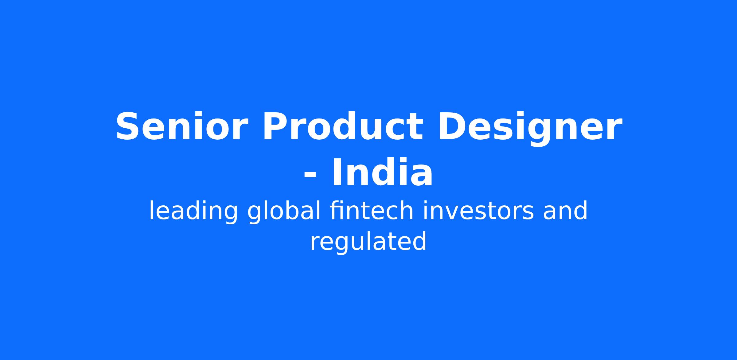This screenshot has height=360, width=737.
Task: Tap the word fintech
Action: coord(372,210)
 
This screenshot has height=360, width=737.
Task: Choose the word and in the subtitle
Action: coord(565,210)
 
